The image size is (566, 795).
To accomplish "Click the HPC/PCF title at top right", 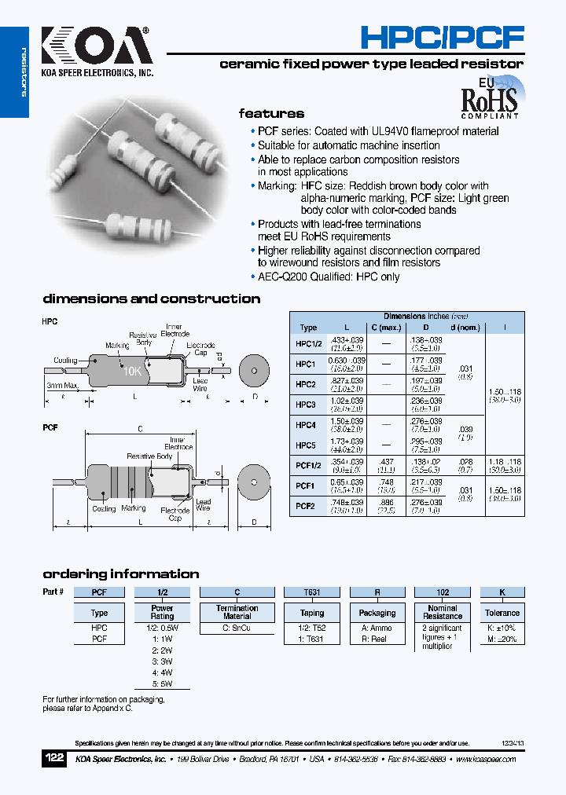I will [x=442, y=37].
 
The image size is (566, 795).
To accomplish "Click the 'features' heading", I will [x=271, y=113].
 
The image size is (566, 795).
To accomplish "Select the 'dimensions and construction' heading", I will [x=151, y=299].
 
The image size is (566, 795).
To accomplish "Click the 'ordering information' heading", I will [x=120, y=573].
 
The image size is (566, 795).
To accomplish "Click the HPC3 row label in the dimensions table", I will [x=306, y=405].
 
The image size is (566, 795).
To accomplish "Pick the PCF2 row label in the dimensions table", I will [x=306, y=507].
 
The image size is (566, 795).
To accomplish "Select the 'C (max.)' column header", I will [x=386, y=328].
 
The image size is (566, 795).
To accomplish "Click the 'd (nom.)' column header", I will [x=465, y=328].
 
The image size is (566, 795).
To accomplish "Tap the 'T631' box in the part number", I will [x=312, y=592].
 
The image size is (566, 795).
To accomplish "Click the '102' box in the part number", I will [x=443, y=592].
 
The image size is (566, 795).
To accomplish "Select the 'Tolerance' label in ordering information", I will [x=502, y=613].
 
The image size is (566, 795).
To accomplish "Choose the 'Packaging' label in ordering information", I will [x=377, y=613].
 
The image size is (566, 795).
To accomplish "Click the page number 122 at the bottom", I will [x=55, y=759].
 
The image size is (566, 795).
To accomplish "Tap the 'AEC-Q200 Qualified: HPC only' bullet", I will [x=329, y=277].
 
